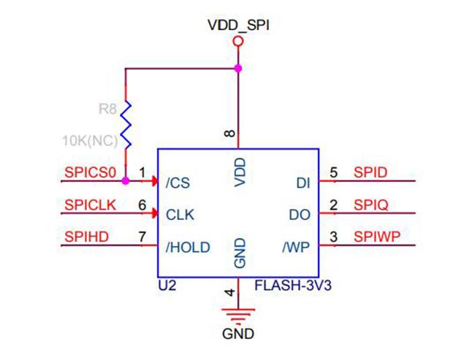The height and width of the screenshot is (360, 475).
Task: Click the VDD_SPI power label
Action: (x=238, y=26)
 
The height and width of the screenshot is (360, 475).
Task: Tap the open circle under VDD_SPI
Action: (x=238, y=41)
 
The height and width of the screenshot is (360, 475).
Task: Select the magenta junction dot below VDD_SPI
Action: (x=238, y=69)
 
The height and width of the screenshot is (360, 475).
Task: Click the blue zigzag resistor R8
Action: (x=126, y=125)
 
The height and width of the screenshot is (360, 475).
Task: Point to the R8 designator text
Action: (x=107, y=108)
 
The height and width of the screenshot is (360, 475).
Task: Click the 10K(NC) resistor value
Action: (x=90, y=141)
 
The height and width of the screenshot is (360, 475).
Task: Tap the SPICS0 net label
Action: (x=91, y=172)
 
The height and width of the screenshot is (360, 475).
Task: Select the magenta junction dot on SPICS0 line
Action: (x=126, y=181)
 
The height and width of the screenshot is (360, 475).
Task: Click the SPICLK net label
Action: (x=91, y=205)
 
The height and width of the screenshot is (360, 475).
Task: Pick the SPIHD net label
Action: (x=87, y=237)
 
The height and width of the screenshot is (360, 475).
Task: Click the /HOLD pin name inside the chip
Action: (x=188, y=248)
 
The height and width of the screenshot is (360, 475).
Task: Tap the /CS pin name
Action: (x=178, y=183)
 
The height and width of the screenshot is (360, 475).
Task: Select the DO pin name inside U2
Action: (x=300, y=215)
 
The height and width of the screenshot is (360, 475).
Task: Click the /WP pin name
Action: (x=296, y=248)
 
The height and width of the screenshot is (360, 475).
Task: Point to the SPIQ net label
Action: (x=371, y=205)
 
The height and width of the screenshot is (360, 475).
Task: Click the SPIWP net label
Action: (x=377, y=237)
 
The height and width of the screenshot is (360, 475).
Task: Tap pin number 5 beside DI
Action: (x=333, y=172)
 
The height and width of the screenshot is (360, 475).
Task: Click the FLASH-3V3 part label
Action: (x=293, y=286)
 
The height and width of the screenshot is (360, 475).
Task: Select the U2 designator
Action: (x=167, y=286)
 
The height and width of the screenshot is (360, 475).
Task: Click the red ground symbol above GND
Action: (x=238, y=315)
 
